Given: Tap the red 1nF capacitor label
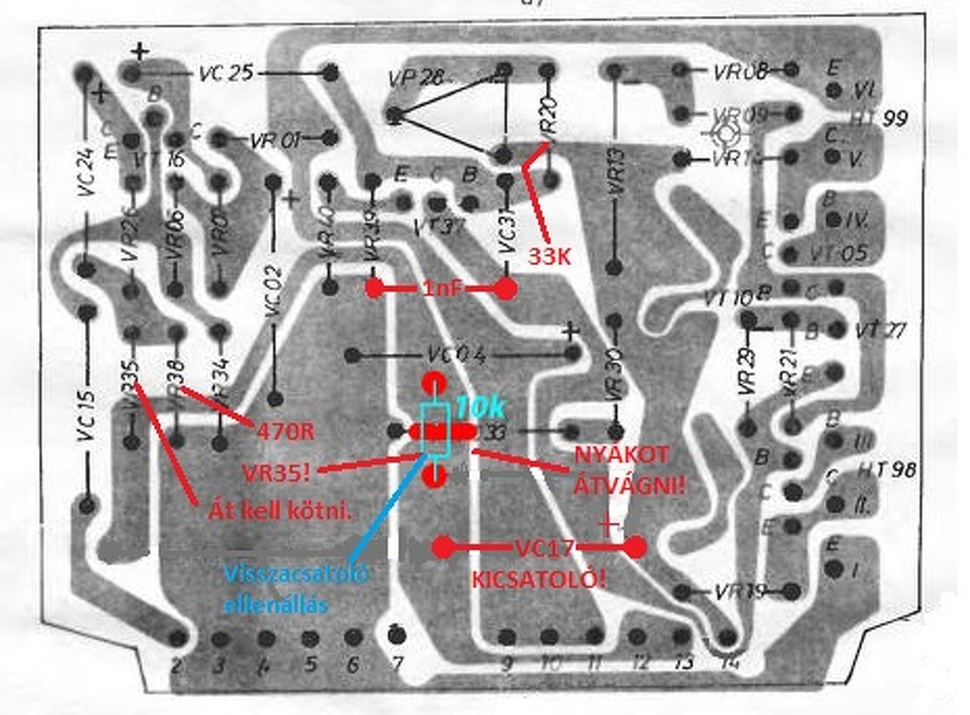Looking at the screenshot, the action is (440, 289).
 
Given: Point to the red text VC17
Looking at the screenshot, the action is (543, 547).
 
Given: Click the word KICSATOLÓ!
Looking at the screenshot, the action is (539, 579).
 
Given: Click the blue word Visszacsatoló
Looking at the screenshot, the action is (296, 574).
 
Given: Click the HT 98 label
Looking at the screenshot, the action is (887, 470).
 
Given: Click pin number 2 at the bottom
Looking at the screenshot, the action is (177, 666).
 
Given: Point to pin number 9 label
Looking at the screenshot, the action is (506, 663).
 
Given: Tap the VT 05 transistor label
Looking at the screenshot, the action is (837, 253).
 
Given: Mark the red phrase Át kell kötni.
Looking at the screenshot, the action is (280, 512).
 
